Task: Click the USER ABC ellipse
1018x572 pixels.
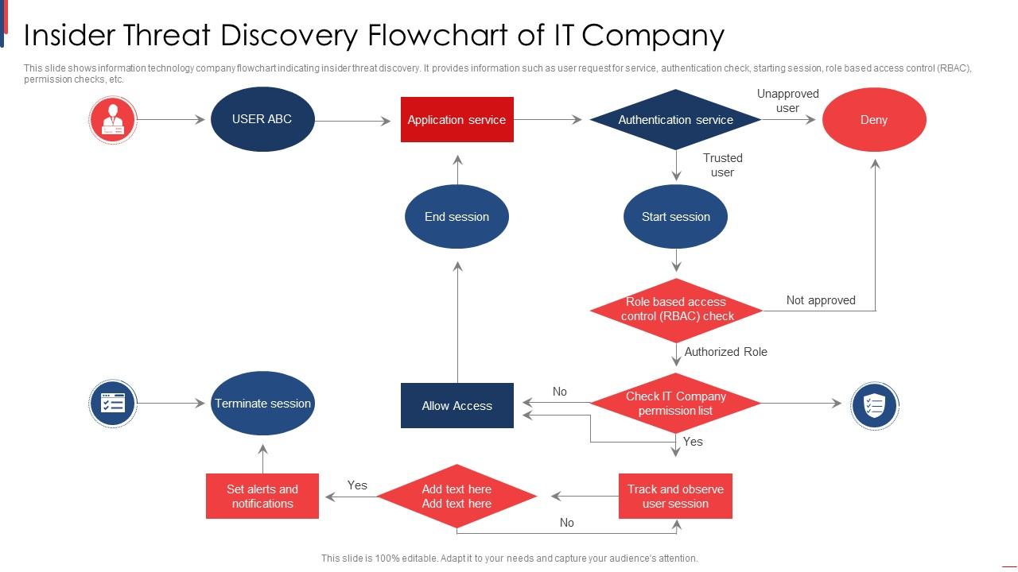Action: [262, 119]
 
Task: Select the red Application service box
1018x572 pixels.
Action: [457, 120]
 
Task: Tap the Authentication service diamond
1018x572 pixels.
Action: [676, 120]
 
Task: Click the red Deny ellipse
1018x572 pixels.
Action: [874, 120]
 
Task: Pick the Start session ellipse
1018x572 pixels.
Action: [675, 217]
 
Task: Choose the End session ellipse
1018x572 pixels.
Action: [457, 217]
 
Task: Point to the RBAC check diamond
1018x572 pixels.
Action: [676, 309]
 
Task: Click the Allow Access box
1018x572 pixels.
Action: [457, 406]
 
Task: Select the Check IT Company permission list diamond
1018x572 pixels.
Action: [676, 404]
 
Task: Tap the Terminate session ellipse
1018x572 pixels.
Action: [262, 404]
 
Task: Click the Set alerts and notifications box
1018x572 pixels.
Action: [262, 497]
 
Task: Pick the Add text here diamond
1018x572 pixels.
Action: [457, 497]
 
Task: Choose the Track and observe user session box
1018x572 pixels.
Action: [675, 497]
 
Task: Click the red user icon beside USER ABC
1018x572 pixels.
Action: [113, 120]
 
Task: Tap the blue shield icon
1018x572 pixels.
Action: [874, 405]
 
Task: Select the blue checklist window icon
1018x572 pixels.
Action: [113, 404]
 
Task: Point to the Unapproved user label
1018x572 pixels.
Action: [787, 101]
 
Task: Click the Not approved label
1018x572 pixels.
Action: [821, 300]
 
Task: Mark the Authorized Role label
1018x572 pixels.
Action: [725, 352]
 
